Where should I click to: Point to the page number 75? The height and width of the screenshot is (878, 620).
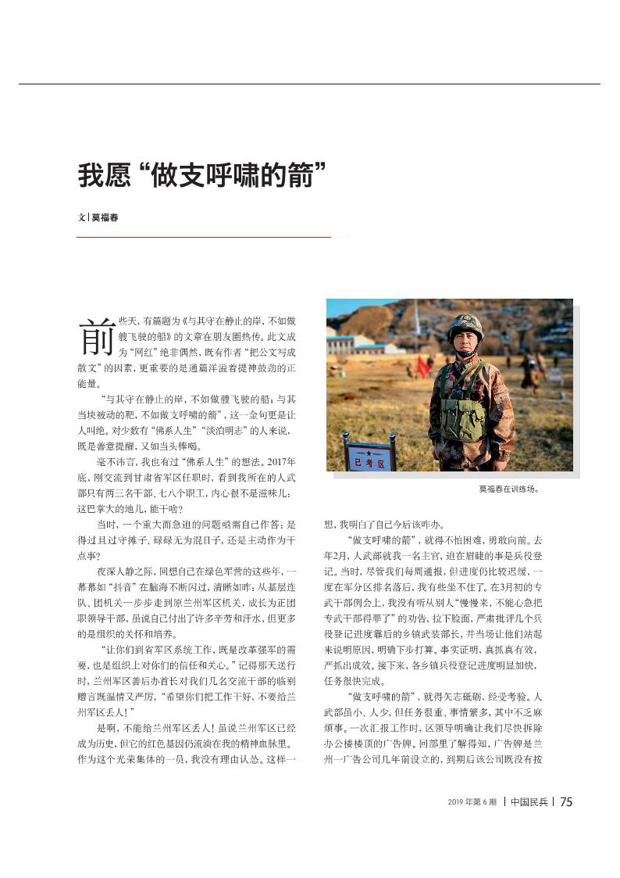point(567,802)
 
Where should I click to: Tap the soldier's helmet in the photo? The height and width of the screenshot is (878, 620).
point(465,325)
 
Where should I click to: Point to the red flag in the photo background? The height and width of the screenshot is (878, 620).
point(422,366)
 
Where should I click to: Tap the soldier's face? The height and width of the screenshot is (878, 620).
point(466,344)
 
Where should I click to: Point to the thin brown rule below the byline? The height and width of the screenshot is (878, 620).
point(203,236)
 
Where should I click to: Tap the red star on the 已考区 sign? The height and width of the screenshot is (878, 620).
point(369,453)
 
